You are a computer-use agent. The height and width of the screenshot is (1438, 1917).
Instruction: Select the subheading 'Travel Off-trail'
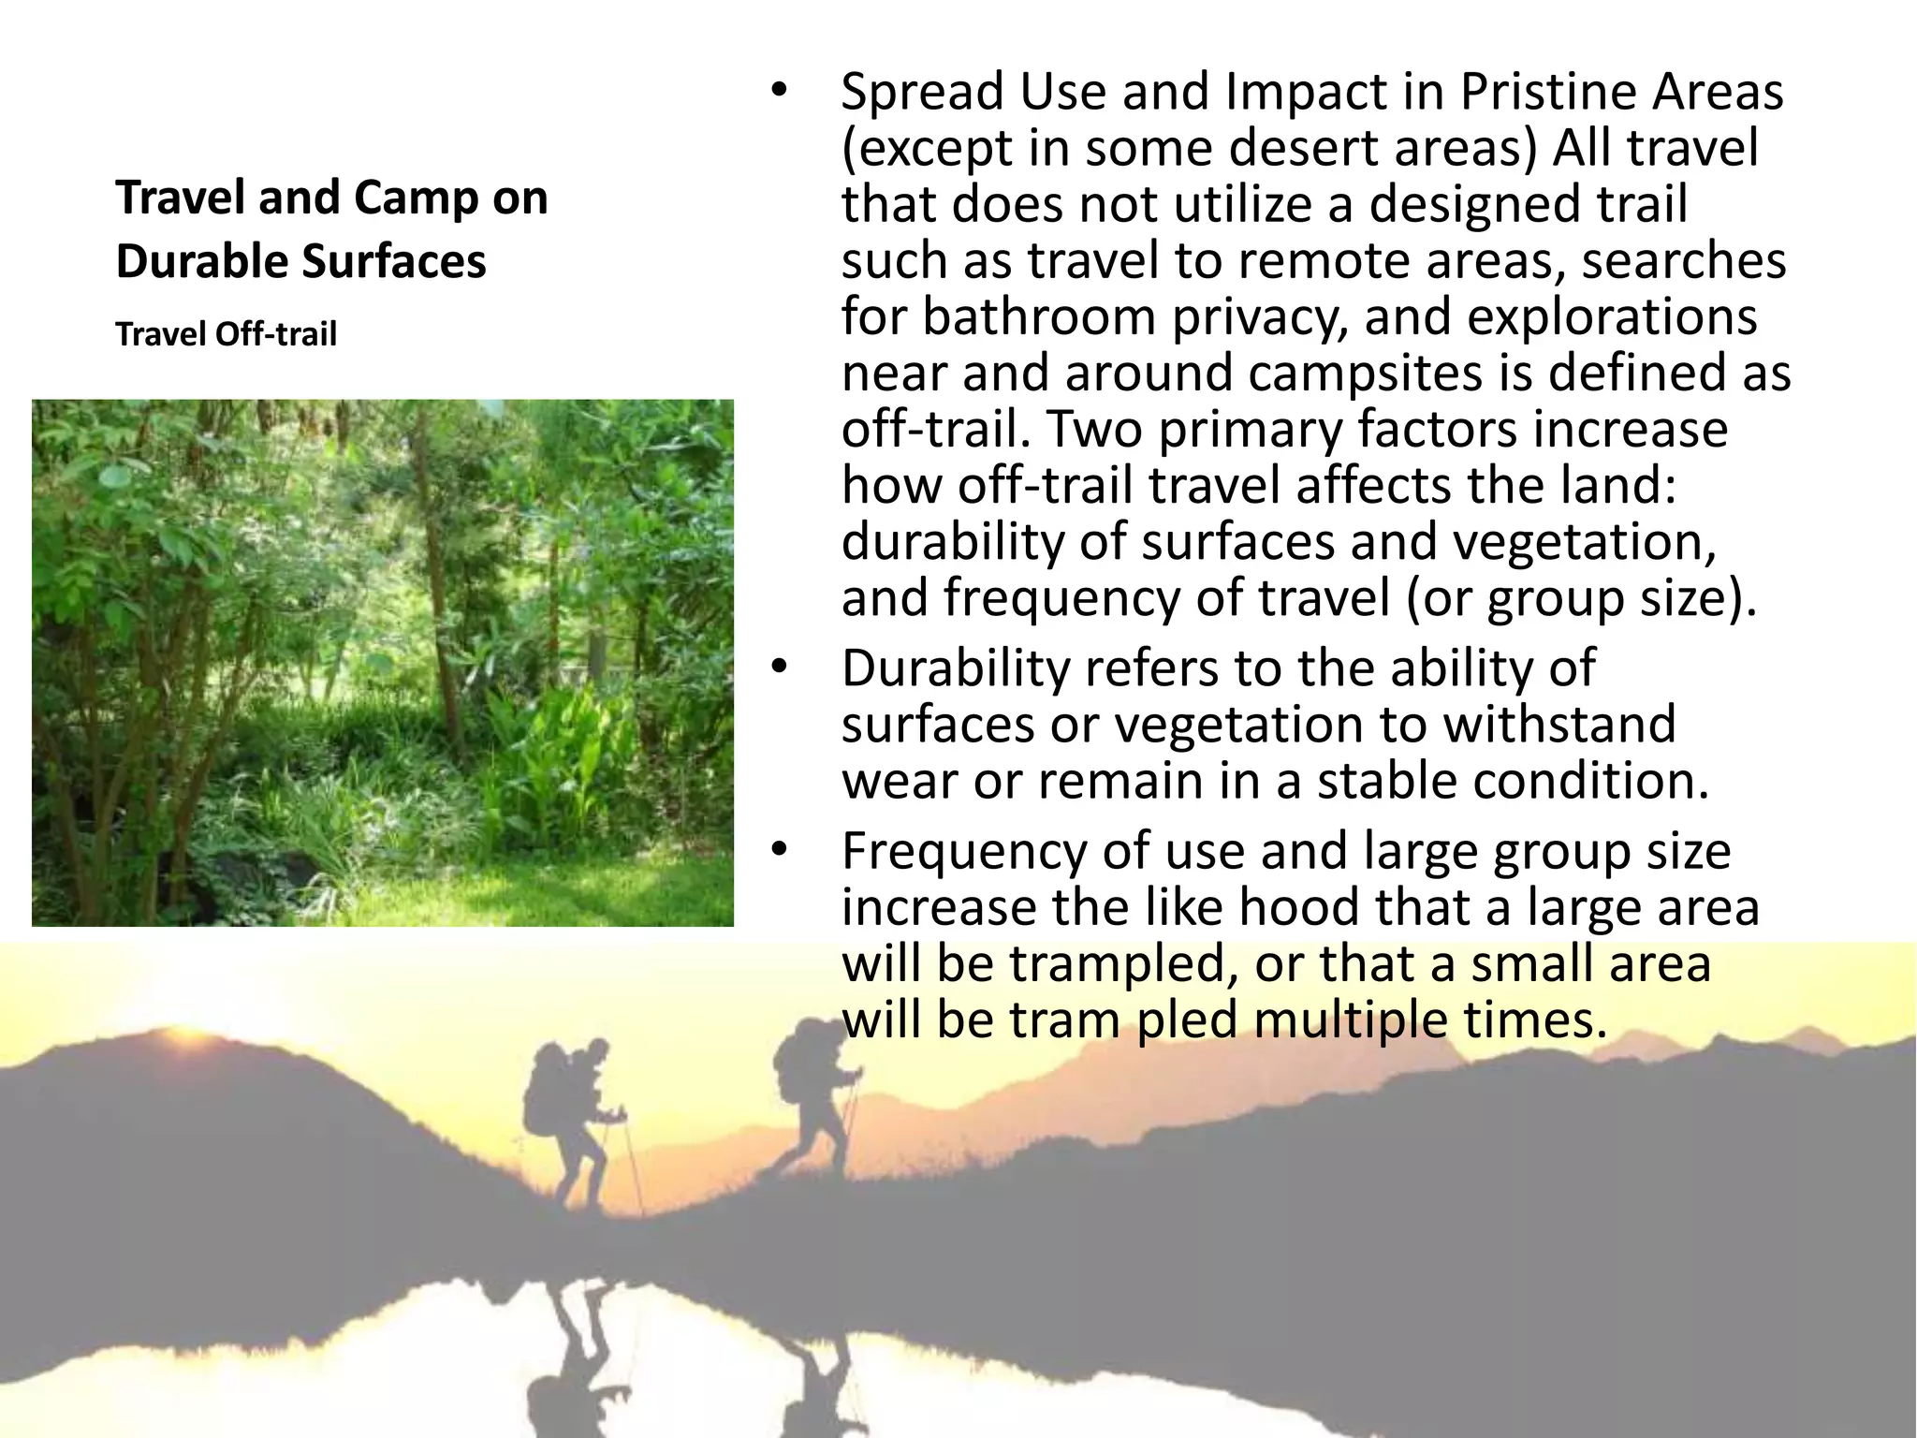[x=226, y=334]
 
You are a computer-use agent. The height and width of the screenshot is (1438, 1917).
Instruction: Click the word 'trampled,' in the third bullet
[x=1118, y=965]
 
